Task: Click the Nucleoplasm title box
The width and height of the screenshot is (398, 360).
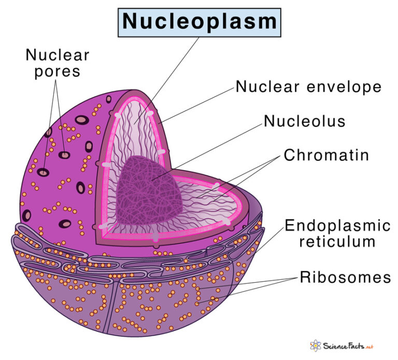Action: click(200, 22)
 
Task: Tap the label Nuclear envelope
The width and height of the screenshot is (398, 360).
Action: click(308, 87)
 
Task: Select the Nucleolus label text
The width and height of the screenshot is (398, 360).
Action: click(304, 121)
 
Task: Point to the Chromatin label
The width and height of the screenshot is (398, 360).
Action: click(326, 155)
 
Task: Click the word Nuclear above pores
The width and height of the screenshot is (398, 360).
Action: click(58, 55)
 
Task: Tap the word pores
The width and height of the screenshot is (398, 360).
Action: click(58, 71)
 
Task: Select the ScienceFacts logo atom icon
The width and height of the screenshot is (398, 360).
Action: click(315, 346)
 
